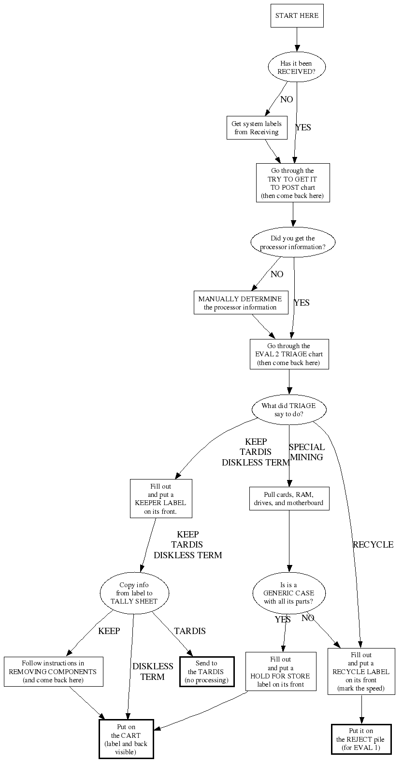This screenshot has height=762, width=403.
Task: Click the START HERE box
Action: [297, 16]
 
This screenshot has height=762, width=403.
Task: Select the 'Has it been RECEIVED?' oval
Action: [297, 68]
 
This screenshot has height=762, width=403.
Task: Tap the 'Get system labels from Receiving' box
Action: [257, 128]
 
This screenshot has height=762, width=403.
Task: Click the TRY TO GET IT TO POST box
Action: [293, 183]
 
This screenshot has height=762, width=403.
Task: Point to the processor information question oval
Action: [293, 242]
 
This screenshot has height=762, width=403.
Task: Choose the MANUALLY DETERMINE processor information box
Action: [240, 303]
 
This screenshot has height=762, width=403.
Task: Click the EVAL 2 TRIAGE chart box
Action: [289, 354]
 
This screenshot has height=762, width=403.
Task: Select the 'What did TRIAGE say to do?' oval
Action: [289, 410]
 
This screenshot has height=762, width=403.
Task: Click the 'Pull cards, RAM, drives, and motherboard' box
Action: [289, 499]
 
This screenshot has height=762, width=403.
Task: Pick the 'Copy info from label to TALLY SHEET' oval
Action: [134, 593]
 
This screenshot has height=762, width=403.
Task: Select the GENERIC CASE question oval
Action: [289, 593]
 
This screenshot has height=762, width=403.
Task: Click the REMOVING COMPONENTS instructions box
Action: [54, 672]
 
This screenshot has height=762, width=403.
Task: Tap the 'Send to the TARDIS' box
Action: [207, 672]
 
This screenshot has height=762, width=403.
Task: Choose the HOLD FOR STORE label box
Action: [281, 672]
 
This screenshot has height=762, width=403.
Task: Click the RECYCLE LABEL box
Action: [361, 672]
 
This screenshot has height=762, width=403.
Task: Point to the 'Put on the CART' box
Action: [126, 739]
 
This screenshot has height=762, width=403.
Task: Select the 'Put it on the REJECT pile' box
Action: [361, 739]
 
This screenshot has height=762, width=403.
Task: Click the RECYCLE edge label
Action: [373, 545]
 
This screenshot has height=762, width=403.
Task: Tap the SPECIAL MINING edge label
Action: [307, 452]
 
